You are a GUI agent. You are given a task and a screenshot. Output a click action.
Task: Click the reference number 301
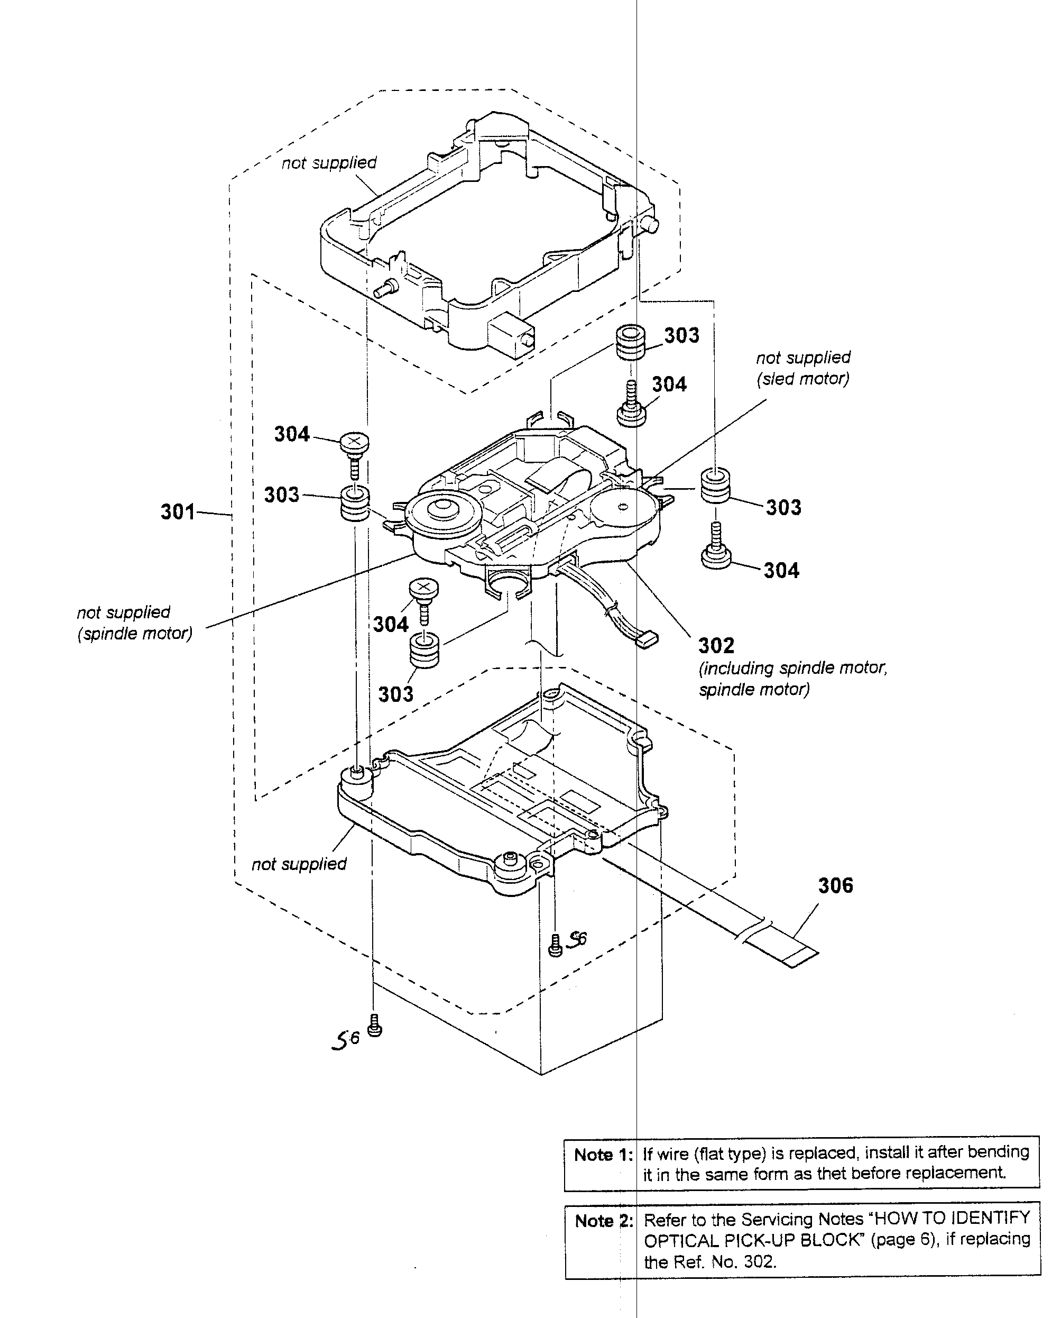178,511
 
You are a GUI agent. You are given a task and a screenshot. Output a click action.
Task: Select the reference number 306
835,885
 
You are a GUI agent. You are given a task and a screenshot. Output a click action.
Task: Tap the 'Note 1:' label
603,1155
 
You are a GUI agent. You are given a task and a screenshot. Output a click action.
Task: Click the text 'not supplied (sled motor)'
803,368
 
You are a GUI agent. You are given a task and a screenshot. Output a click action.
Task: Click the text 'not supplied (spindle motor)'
134,623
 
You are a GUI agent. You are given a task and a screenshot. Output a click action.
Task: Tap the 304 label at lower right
781,570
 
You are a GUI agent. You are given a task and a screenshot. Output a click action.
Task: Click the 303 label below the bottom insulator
395,694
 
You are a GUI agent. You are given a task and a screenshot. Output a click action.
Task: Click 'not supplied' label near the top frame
329,162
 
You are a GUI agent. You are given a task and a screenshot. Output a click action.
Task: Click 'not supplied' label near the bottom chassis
299,864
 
